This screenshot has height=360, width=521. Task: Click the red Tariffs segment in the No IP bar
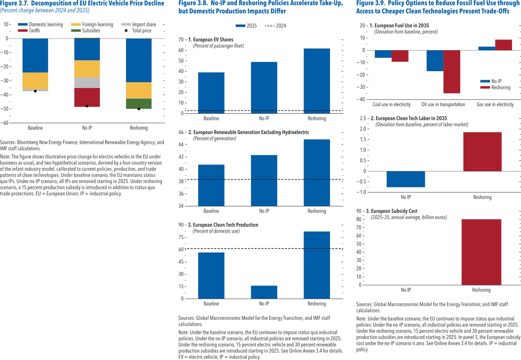(x=87, y=97)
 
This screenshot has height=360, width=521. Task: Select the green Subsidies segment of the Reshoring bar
(x=139, y=103)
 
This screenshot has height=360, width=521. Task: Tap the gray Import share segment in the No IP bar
(x=87, y=83)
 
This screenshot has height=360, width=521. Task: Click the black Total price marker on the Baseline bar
(x=35, y=91)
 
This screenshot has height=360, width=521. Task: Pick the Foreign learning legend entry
(x=92, y=24)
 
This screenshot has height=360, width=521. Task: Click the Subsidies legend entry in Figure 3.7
(x=86, y=31)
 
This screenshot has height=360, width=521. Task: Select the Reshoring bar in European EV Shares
(x=317, y=81)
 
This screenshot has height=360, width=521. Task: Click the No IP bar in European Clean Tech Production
(x=264, y=292)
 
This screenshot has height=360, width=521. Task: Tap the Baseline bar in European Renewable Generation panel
(x=211, y=185)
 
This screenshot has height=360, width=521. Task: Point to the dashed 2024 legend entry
(x=276, y=26)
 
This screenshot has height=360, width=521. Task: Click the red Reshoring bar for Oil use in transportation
(x=452, y=72)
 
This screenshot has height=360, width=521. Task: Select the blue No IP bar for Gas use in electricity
(x=487, y=48)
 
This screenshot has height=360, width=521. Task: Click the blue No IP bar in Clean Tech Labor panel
(x=406, y=179)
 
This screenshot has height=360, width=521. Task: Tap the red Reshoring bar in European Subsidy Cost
(x=481, y=252)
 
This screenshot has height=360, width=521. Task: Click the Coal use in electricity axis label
(x=392, y=105)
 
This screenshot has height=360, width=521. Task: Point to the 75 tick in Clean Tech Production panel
(x=181, y=237)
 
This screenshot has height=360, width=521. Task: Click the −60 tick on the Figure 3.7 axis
(x=4, y=123)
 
